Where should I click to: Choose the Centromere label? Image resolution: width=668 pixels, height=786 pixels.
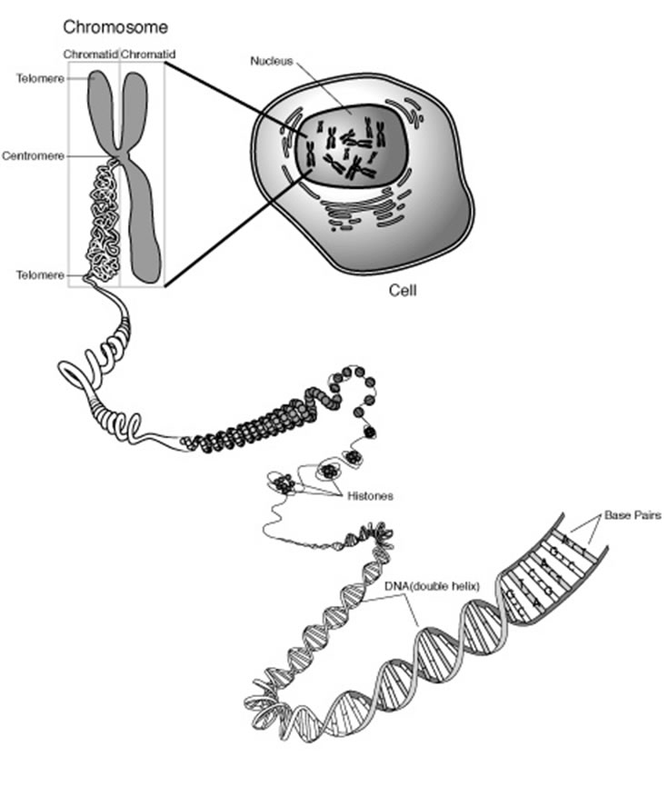click(x=33, y=155)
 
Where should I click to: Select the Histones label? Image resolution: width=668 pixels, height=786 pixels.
click(x=371, y=496)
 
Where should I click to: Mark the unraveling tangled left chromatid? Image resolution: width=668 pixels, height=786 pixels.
click(x=102, y=218)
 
